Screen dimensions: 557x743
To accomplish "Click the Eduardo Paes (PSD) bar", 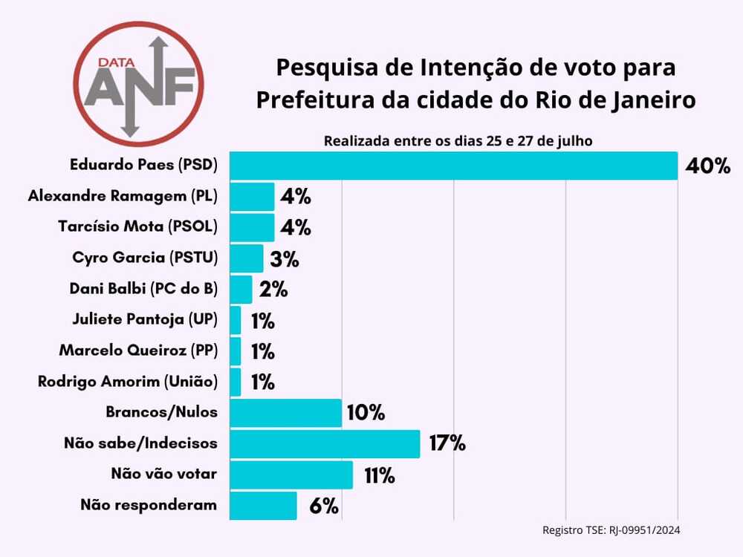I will pos(453,166).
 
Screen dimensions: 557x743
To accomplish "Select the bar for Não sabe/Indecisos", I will pos(325,444).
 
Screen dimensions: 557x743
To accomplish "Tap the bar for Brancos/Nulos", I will pos(285,413).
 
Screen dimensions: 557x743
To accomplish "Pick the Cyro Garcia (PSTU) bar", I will pos(246,258).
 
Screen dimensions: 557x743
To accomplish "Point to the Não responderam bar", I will pos(263,506).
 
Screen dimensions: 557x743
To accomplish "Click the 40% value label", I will pos(708,166).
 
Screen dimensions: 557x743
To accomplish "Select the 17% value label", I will pos(447,444).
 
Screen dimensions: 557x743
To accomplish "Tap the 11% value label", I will pos(379,475).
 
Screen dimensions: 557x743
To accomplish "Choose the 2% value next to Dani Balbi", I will pos(273,290).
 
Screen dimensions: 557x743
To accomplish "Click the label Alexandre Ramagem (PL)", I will pos(123,196).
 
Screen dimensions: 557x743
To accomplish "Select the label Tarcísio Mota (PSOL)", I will pos(137,227).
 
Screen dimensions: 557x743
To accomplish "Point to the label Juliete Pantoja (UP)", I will pos(145,319).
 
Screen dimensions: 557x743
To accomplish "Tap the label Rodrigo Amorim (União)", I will pos(128,382).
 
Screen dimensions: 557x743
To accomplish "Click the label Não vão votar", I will pos(164,473).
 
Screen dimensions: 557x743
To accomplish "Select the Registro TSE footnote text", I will pos(611,530).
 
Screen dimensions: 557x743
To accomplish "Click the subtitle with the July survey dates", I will pos(458,140).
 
